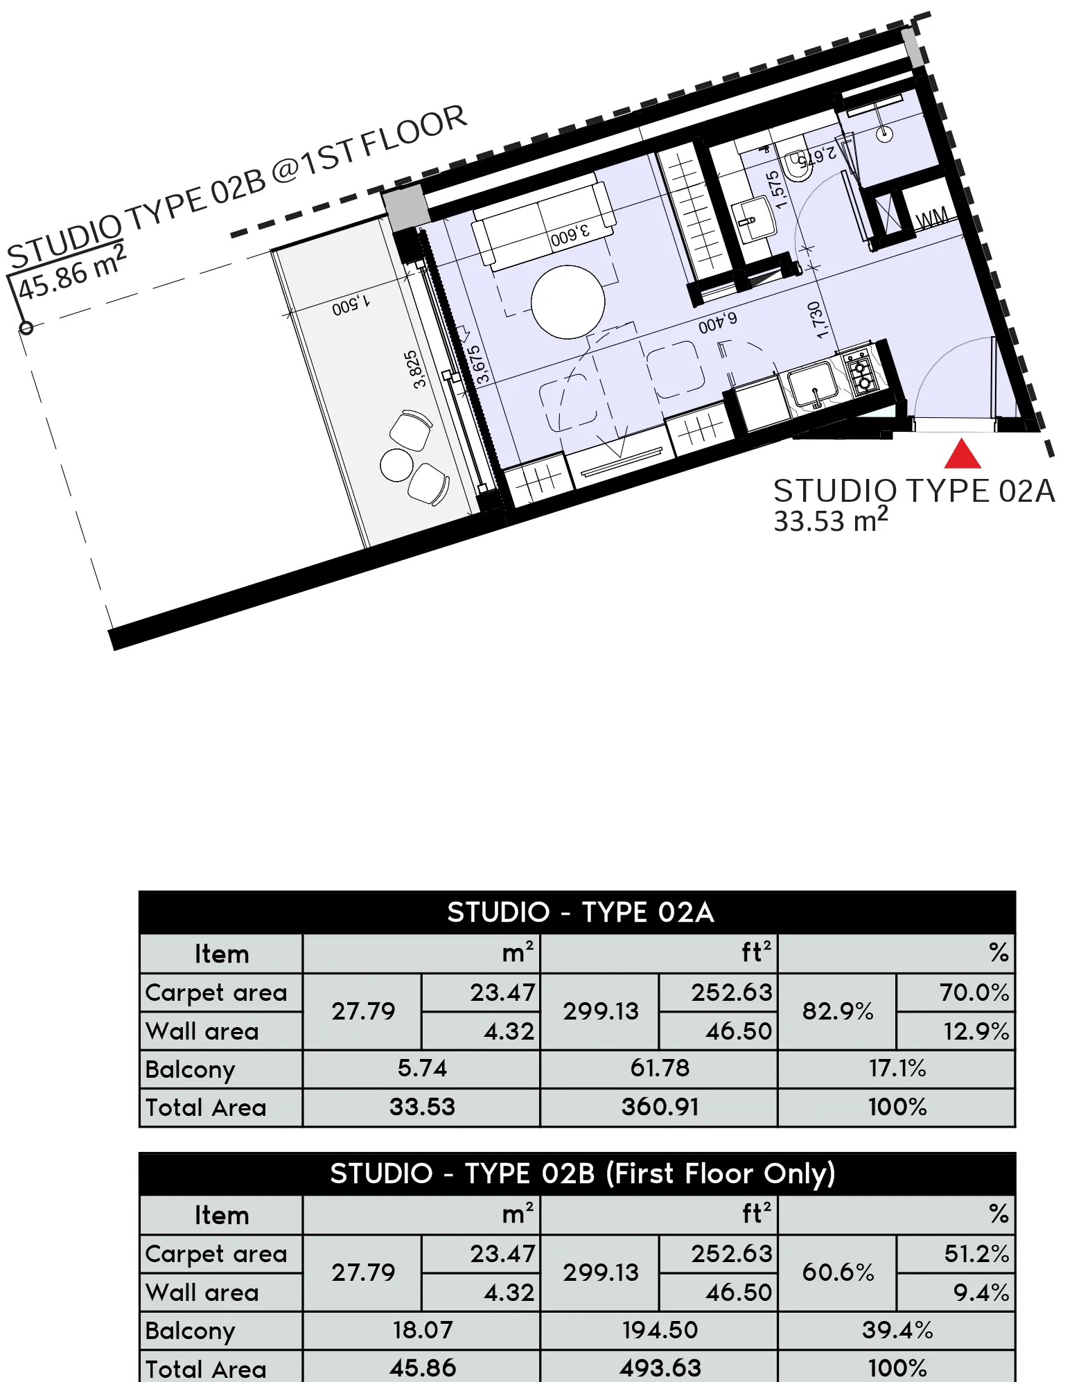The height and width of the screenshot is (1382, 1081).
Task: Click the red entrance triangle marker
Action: click(x=963, y=454)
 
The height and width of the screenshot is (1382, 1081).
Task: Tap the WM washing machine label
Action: click(x=932, y=218)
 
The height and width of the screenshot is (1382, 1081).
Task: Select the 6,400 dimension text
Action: click(x=718, y=322)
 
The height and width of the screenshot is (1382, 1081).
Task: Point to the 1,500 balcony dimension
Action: click(x=351, y=305)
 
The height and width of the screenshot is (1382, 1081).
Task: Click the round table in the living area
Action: click(x=568, y=302)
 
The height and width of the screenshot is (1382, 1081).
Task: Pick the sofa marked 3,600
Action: click(x=544, y=221)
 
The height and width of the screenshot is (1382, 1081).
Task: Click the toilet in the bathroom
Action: click(x=797, y=164)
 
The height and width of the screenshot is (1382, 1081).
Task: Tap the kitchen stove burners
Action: click(x=861, y=373)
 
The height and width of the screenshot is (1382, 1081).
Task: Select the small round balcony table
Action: click(x=396, y=465)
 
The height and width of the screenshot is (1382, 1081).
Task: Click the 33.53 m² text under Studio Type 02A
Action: click(x=830, y=520)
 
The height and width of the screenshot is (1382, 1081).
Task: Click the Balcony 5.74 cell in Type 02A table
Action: click(x=422, y=1068)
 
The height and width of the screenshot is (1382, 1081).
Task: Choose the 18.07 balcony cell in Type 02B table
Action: click(x=422, y=1329)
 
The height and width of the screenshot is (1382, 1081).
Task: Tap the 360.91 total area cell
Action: click(x=660, y=1106)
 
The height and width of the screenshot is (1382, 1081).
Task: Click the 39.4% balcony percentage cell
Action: click(x=897, y=1329)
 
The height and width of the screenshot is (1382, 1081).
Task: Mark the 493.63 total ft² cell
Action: click(x=660, y=1367)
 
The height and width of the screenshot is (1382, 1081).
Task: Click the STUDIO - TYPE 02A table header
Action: click(x=580, y=912)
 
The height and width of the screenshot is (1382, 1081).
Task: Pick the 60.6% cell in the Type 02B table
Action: click(x=838, y=1272)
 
